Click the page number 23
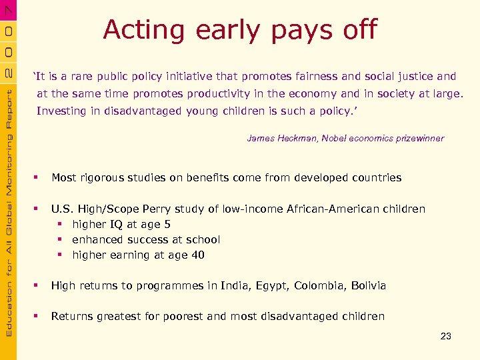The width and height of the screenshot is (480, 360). pyautogui.click(x=446, y=336)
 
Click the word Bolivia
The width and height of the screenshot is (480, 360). pyautogui.click(x=368, y=285)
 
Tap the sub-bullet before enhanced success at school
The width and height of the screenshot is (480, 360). pyautogui.click(x=59, y=240)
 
